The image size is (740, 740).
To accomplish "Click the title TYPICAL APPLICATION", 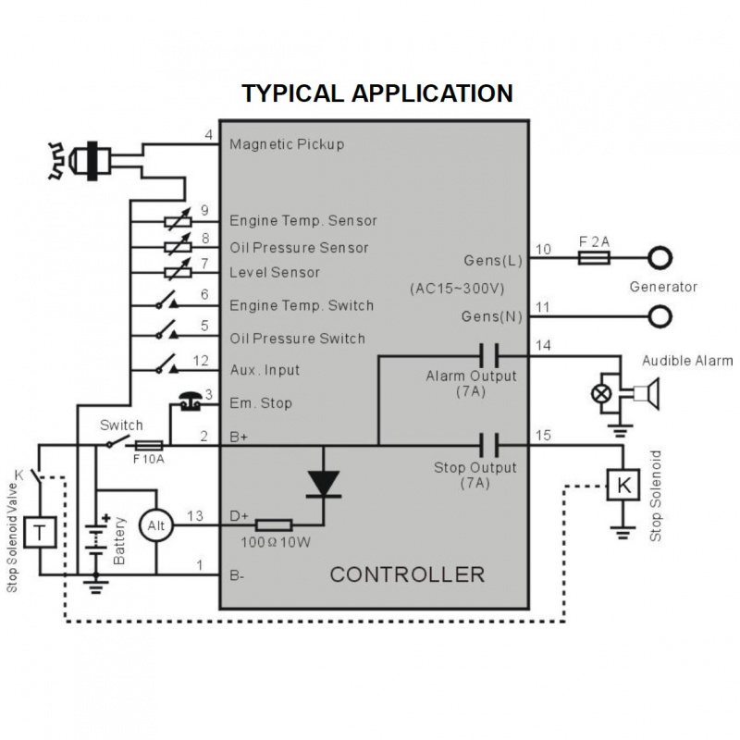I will (376, 93).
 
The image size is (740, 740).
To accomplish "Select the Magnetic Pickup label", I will (286, 144).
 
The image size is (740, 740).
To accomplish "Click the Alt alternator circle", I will (154, 525).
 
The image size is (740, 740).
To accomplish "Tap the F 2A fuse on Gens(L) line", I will (592, 259).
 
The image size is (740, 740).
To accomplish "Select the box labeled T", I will (38, 531).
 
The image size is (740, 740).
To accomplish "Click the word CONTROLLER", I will (407, 574).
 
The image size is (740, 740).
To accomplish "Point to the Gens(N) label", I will (491, 316).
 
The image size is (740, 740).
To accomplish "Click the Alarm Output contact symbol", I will (490, 352).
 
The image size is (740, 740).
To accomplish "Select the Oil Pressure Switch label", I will (297, 339).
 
